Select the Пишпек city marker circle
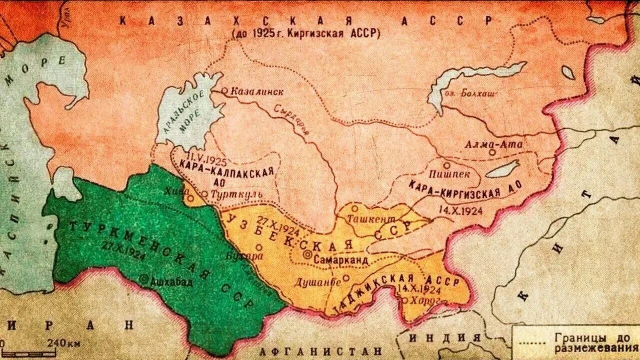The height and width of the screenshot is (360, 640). click(446, 165)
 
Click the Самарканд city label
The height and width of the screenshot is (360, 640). click(341, 260)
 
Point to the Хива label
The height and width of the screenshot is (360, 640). click(176, 190)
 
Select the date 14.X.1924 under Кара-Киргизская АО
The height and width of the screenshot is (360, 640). click(459, 210)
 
